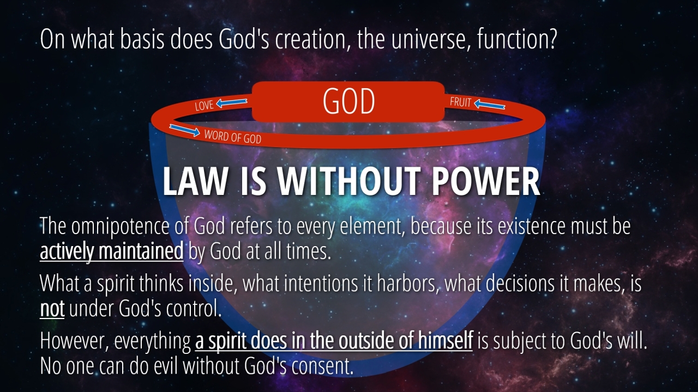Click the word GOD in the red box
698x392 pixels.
348,101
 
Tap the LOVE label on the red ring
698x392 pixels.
204,106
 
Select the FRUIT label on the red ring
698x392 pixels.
460,102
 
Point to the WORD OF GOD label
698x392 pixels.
233,137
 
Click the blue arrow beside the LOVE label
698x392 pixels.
232,103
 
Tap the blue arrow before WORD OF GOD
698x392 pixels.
184,130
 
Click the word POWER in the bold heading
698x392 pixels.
485,181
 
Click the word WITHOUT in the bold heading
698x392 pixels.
347,181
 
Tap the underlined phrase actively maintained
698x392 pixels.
112,252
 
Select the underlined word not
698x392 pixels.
52,309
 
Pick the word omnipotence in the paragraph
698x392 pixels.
119,226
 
